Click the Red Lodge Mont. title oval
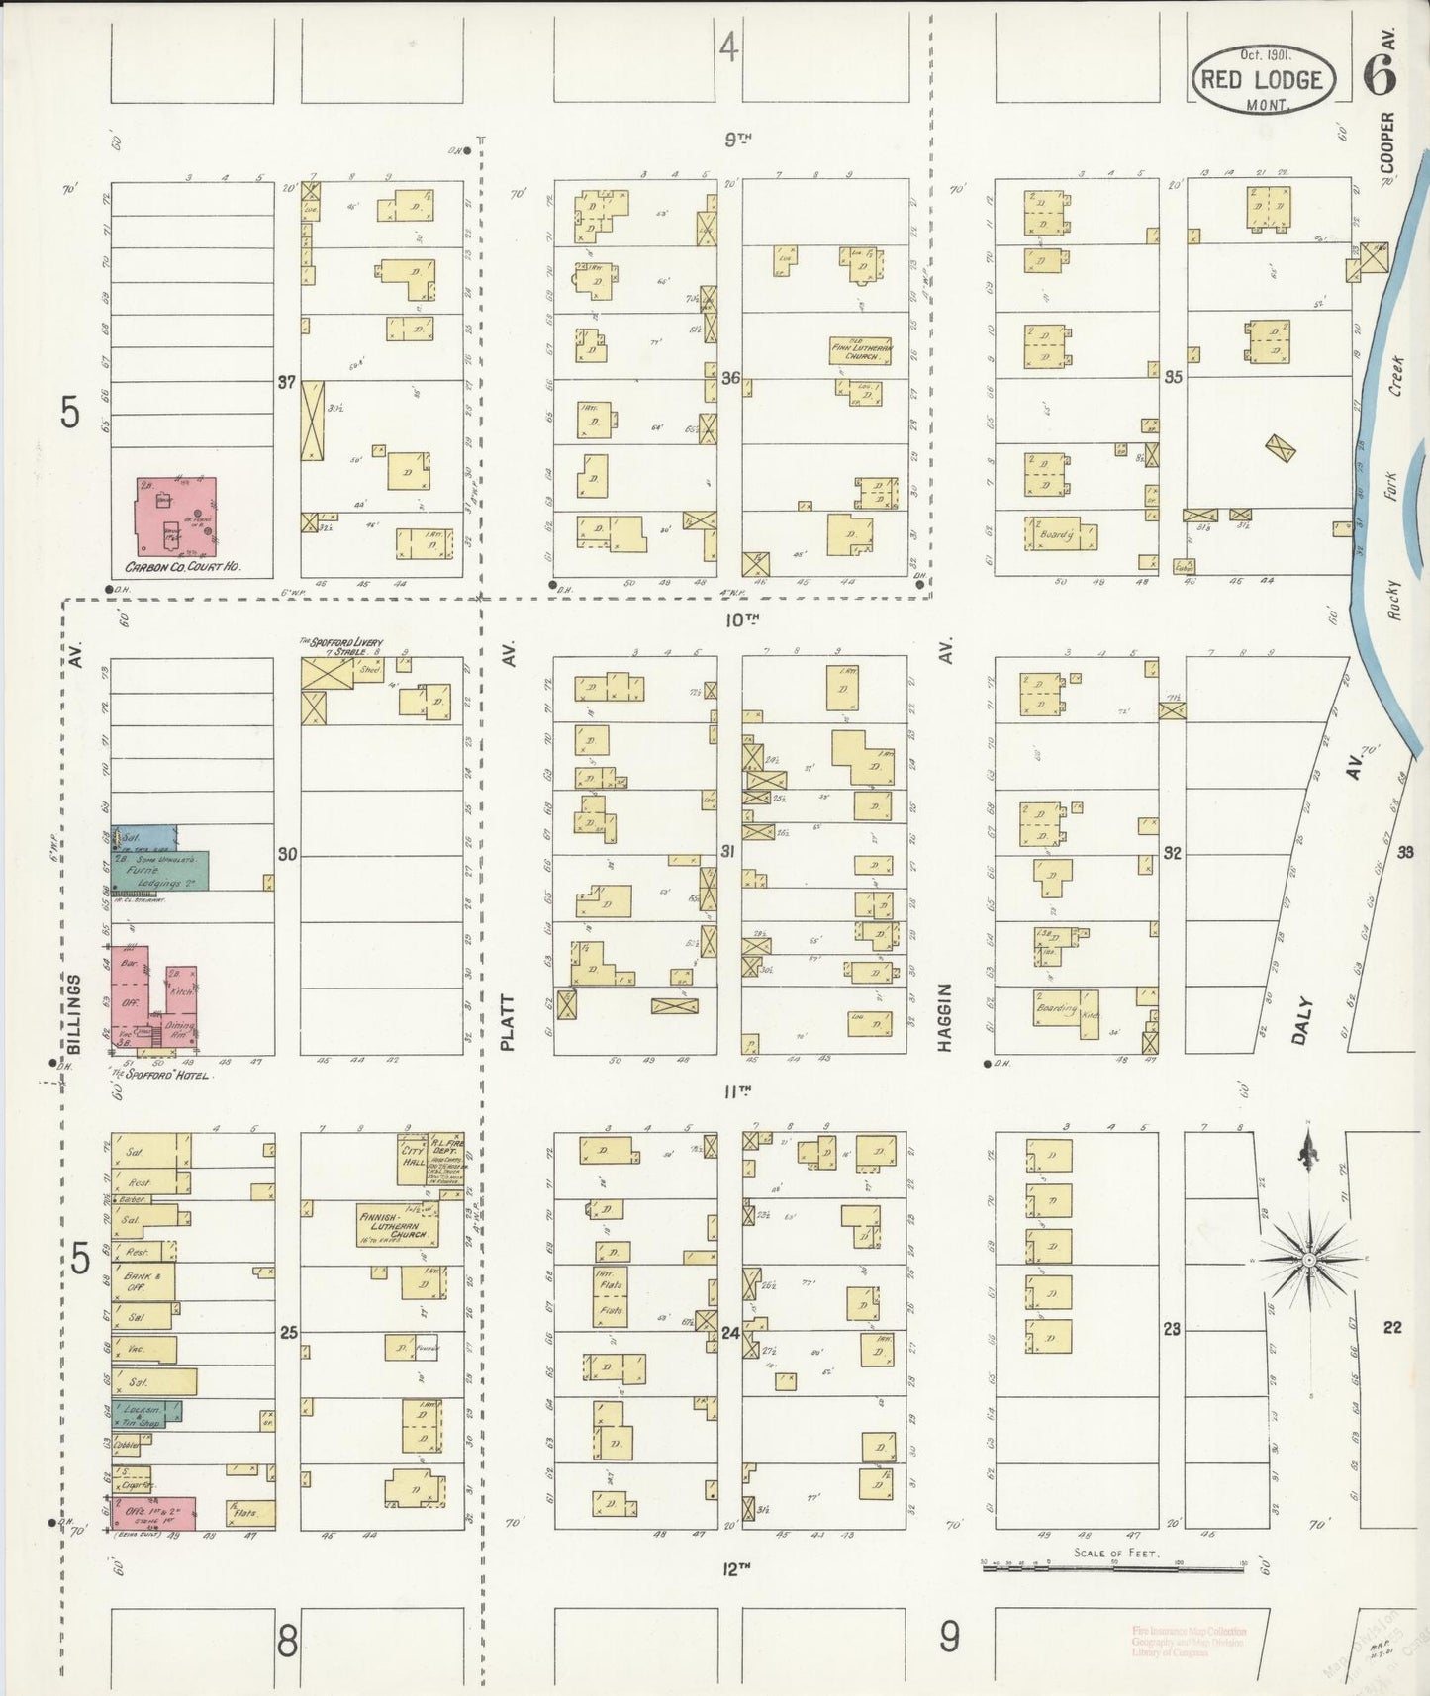pyautogui.click(x=1264, y=79)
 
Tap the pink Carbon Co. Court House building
pyautogui.click(x=176, y=516)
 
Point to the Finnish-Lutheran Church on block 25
pyautogui.click(x=396, y=1225)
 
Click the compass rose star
pyautogui.click(x=1308, y=1260)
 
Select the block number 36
pyautogui.click(x=730, y=377)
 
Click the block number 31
pyautogui.click(x=728, y=851)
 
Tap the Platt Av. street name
pyautogui.click(x=509, y=1022)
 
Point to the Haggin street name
pyautogui.click(x=945, y=1015)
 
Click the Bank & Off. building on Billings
pyautogui.click(x=144, y=1281)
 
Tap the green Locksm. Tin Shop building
pyautogui.click(x=146, y=1412)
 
